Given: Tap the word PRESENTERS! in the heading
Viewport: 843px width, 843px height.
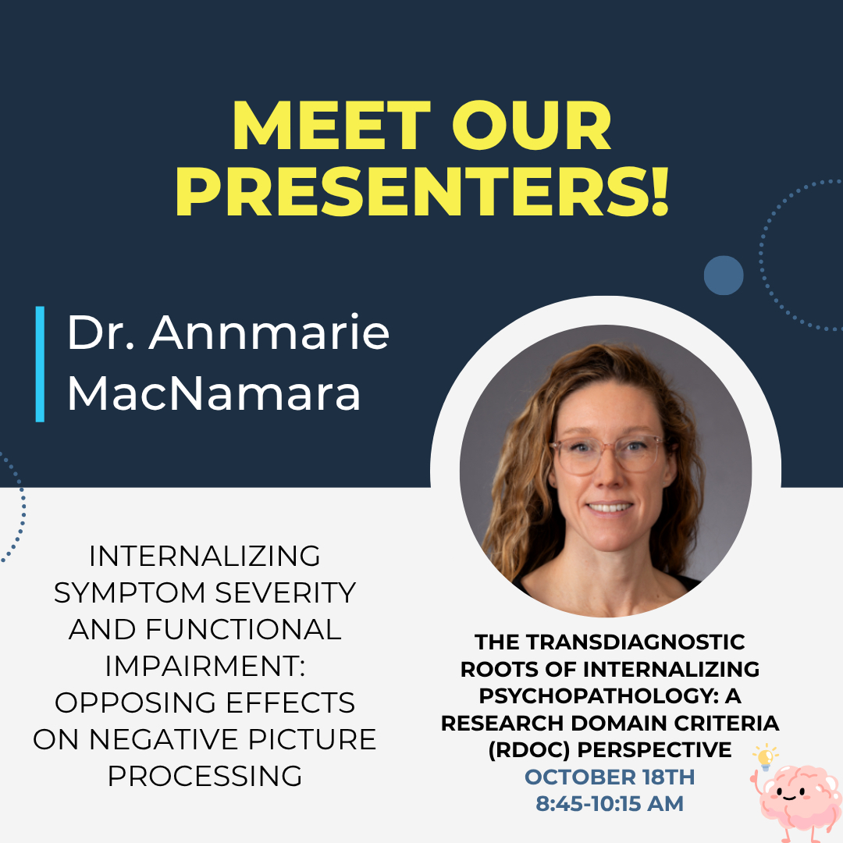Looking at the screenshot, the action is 422,192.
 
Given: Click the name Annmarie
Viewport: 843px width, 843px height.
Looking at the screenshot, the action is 269,333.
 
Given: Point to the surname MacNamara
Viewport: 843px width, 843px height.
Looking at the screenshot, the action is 213,393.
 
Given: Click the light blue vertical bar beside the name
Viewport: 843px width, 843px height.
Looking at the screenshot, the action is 40,364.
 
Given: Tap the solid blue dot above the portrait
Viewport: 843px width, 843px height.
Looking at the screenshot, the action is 724,276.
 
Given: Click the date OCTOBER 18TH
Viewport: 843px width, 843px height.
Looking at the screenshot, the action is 610,777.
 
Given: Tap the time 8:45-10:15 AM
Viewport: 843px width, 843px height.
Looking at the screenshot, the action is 610,804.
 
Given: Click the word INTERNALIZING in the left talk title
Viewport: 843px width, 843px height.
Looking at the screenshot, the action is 205,556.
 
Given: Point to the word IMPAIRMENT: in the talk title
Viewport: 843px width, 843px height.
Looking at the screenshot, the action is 205,666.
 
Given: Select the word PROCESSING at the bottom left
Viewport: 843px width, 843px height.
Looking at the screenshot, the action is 205,776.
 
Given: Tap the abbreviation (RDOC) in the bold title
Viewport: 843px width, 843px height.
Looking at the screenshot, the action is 529,750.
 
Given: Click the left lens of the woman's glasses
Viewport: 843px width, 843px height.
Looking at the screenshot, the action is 577,454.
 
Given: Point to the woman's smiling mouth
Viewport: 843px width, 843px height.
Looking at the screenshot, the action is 609,507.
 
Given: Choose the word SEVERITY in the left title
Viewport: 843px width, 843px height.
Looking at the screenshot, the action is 286,592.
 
